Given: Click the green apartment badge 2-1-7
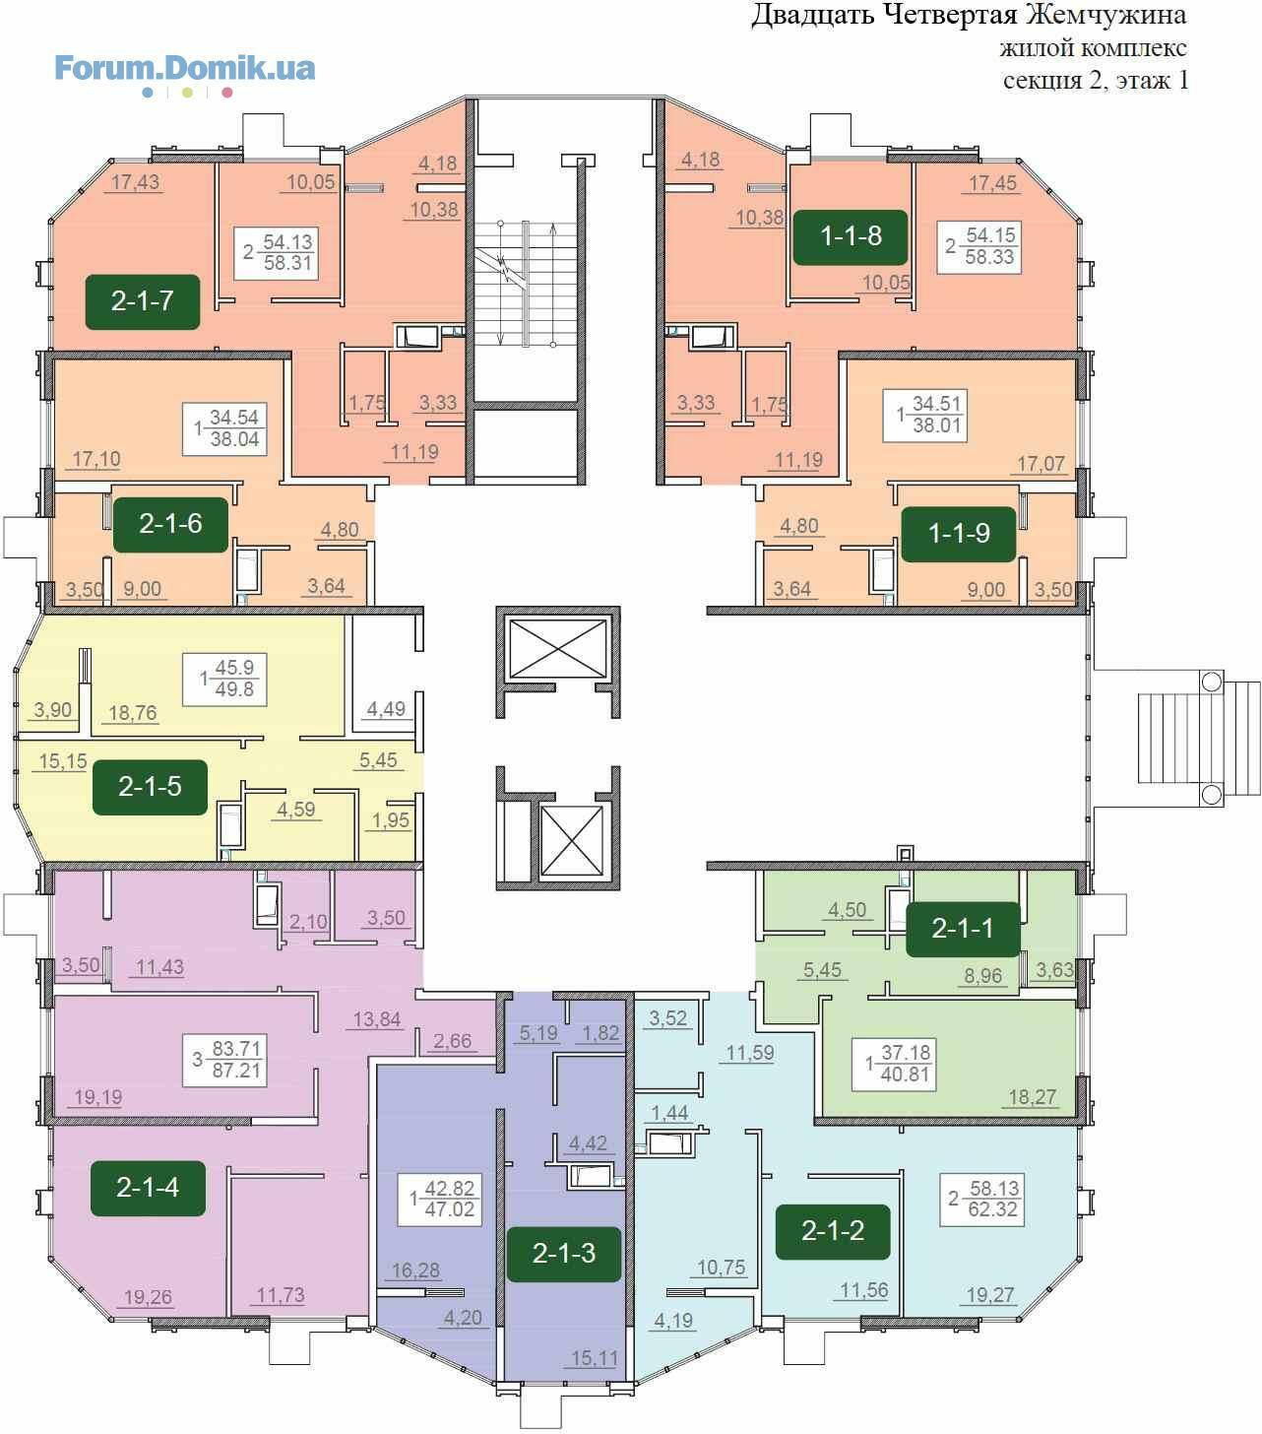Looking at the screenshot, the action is [x=142, y=301].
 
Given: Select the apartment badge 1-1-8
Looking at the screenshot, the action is [x=851, y=236].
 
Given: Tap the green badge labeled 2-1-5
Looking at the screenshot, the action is [x=150, y=787].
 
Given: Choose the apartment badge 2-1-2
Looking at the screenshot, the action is [x=833, y=1231].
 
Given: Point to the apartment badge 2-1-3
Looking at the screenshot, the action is [x=564, y=1254].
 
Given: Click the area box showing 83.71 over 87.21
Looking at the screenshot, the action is [x=225, y=1061].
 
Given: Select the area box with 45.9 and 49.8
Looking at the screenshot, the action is [x=225, y=680].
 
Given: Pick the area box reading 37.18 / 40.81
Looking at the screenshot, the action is [x=894, y=1065].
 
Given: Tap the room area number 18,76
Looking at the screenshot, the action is [x=133, y=713].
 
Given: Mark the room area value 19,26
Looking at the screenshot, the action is [x=148, y=1297].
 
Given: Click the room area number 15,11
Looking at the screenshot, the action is [x=595, y=1358].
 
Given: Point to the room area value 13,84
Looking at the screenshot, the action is [x=377, y=1020].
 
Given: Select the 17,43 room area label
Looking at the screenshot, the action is [x=135, y=182].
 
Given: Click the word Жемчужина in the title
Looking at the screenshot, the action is [x=1106, y=15].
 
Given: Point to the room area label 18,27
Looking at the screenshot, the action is [x=1032, y=1098].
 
